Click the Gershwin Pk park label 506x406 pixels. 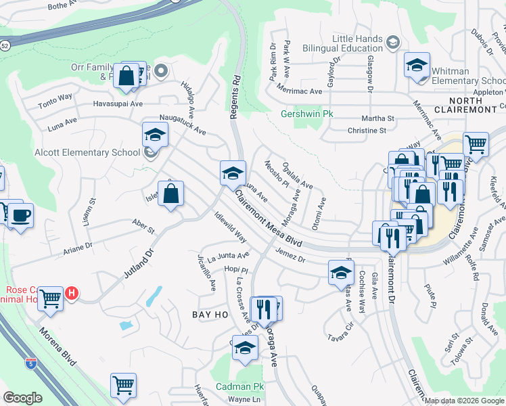(307, 114)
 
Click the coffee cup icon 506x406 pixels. (20, 215)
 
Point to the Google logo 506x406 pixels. (22, 398)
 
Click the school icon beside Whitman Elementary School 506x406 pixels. (417, 66)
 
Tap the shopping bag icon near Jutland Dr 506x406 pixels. (172, 194)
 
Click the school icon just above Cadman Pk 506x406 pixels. (245, 348)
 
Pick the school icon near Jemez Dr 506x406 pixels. (341, 273)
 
